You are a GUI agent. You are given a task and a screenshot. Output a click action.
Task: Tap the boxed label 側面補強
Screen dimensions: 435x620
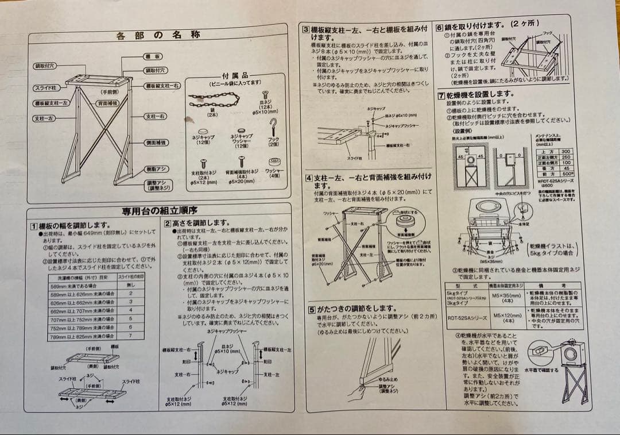pyautogui.click(x=154, y=141)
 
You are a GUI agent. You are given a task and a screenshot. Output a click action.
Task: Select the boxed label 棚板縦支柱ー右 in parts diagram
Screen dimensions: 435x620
pyautogui.click(x=161, y=86)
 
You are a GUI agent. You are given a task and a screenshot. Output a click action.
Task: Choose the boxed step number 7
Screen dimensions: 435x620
pyautogui.click(x=440, y=95)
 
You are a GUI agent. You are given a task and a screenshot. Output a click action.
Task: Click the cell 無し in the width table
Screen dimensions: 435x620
pyautogui.click(x=130, y=284)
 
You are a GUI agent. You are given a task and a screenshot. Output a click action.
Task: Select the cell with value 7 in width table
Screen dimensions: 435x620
pyautogui.click(x=130, y=336)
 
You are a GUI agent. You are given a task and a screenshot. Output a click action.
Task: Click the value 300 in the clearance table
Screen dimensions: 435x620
pyautogui.click(x=565, y=151)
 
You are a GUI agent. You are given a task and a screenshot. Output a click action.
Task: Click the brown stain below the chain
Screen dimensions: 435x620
pyautogui.click(x=188, y=120)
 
